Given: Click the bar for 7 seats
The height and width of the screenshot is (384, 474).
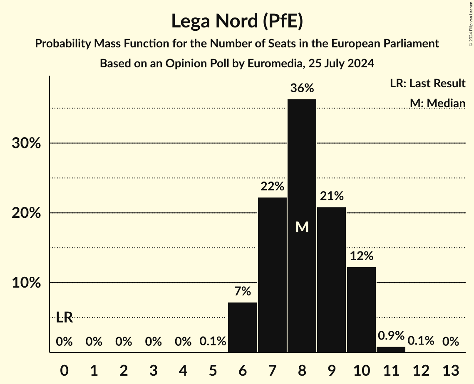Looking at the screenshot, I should point(272,274).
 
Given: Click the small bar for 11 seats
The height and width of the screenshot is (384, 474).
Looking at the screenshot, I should point(391,350).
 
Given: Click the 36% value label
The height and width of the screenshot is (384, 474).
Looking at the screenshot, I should point(302,89).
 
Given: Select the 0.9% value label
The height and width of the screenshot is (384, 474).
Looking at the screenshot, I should point(391,335).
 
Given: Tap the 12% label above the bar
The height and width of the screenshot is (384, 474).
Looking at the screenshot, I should point(361,256).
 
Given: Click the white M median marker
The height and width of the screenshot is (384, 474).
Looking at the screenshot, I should point(302,227).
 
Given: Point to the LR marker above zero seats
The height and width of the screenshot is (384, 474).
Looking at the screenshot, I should point(64,318).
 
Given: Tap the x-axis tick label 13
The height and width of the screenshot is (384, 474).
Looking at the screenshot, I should point(451,370).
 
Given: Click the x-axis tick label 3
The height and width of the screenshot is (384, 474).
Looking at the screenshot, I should point(153,370).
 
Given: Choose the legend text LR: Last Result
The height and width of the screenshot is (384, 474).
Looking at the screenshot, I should point(427,84).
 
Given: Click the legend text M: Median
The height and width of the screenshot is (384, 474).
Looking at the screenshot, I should point(437,103).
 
